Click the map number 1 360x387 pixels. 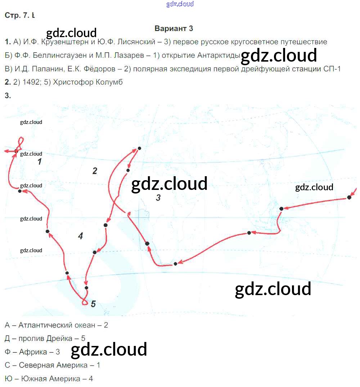coord(40,162)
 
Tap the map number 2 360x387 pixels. coord(95,171)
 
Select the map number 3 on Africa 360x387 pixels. coord(158,197)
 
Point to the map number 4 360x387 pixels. coord(80,236)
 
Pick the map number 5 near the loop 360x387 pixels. coord(93,304)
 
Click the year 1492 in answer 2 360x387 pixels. coord(29,82)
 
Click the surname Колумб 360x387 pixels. coord(109,82)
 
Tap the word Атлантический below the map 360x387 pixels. coord(46,325)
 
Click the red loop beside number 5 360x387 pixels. coord(84,302)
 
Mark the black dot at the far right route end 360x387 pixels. coord(349,197)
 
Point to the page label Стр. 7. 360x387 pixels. coord(18,15)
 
